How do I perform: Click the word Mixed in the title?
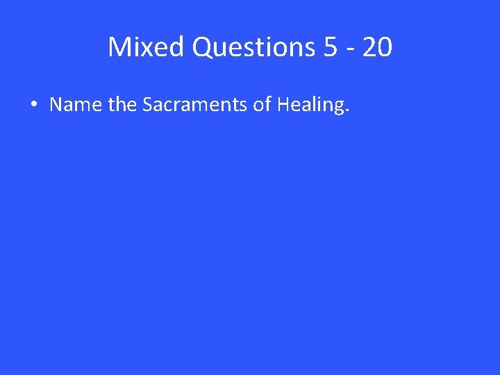146,47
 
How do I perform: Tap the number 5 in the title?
331,47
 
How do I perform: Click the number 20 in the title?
377,47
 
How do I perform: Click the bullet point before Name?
34,106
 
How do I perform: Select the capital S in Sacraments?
148,105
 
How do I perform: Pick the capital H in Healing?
283,105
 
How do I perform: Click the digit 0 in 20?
385,47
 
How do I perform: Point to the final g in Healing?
337,108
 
